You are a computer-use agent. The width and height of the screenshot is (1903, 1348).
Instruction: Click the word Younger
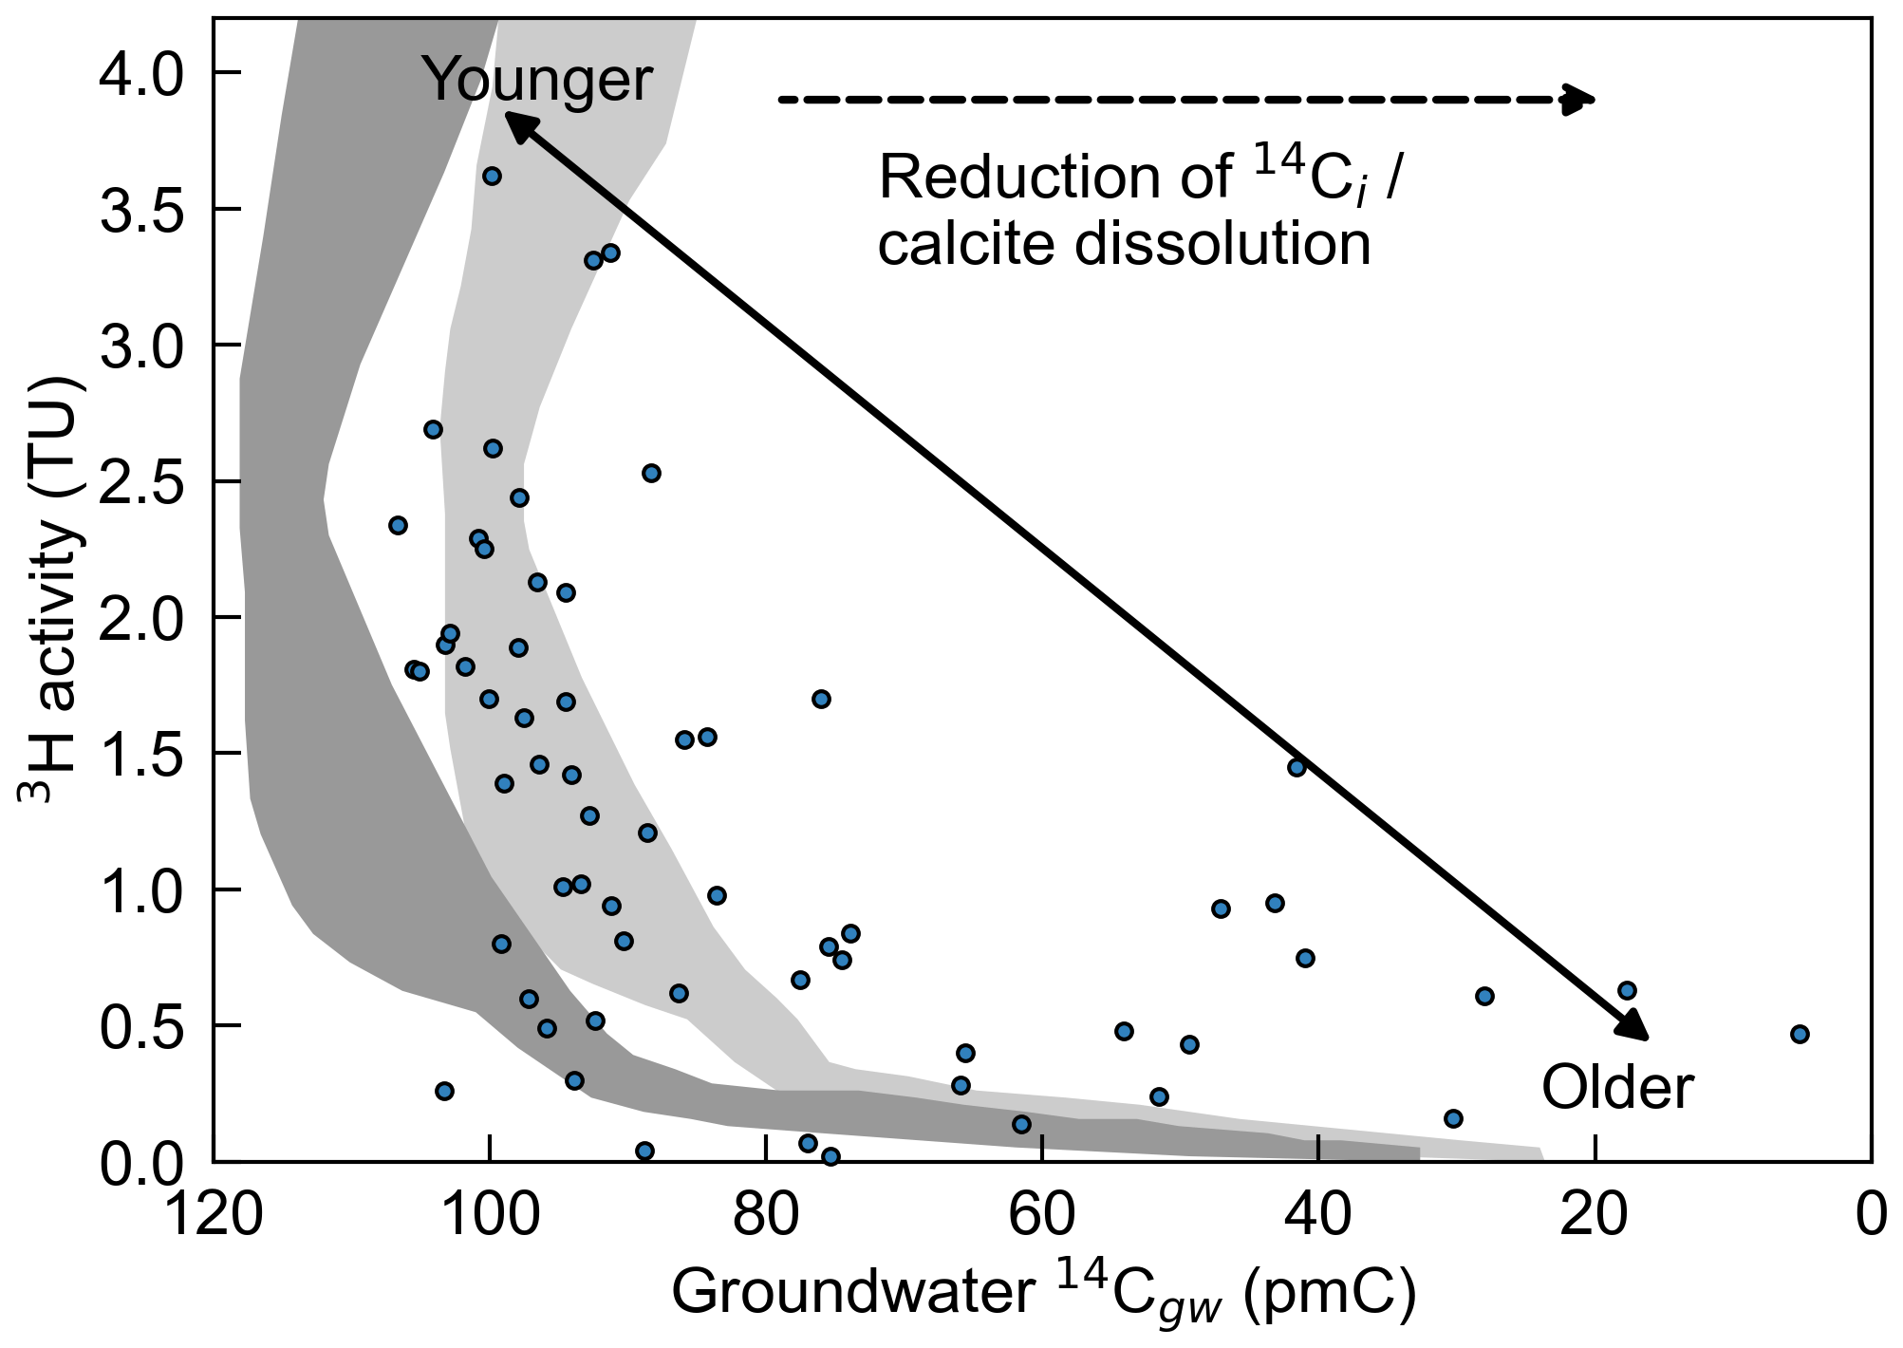[x=537, y=80]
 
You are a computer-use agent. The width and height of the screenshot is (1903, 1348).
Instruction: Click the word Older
[x=1616, y=1088]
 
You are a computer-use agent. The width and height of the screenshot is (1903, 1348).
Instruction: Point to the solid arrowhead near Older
[x=1634, y=1025]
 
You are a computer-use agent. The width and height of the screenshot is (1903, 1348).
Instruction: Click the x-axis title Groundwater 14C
[x=1044, y=1292]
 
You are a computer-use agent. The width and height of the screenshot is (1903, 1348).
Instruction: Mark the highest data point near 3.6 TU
[x=492, y=176]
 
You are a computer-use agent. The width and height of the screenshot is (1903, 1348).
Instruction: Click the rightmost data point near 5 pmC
[x=1800, y=1034]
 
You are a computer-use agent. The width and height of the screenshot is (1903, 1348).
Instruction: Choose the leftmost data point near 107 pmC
[x=398, y=525]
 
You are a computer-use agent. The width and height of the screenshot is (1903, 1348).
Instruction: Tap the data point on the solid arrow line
[x=1297, y=767]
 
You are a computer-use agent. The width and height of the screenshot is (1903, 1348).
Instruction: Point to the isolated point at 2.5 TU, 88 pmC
[x=651, y=473]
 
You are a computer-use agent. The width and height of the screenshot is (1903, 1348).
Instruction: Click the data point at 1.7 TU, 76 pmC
[x=821, y=699]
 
